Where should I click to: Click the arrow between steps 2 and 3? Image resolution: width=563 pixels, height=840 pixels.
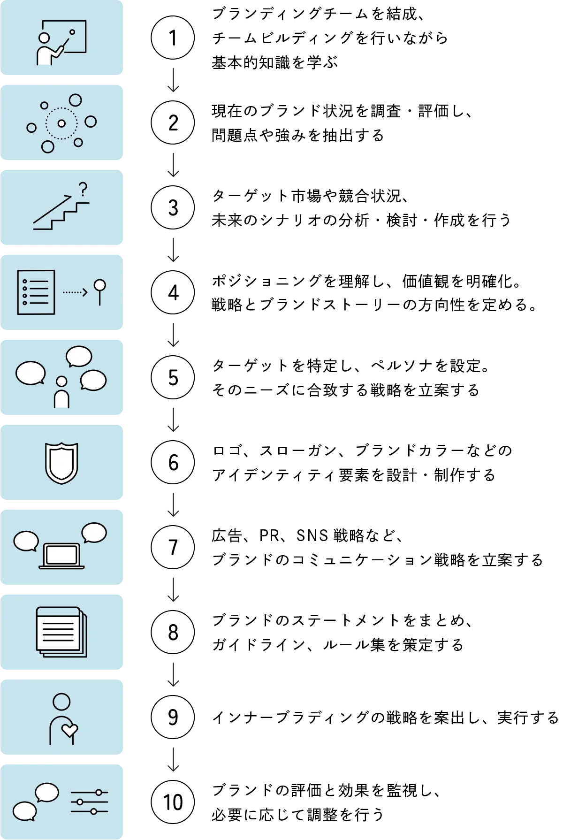173,165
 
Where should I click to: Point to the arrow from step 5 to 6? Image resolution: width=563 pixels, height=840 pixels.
173,420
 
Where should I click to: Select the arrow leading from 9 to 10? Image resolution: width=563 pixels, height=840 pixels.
173,759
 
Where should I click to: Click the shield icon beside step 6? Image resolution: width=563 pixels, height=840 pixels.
61,463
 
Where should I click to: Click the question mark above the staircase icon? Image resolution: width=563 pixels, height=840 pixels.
83,189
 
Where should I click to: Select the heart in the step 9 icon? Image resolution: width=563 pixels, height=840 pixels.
70,731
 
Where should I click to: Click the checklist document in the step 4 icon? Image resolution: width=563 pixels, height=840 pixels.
36,292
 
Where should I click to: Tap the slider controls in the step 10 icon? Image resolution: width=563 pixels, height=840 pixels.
90,802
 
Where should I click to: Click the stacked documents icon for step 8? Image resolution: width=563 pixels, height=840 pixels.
61,632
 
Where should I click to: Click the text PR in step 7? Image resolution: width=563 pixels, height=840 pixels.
269,535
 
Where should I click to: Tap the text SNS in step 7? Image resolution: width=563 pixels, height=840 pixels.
312,535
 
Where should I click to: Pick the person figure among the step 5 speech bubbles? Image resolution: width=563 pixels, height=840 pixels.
61,391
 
